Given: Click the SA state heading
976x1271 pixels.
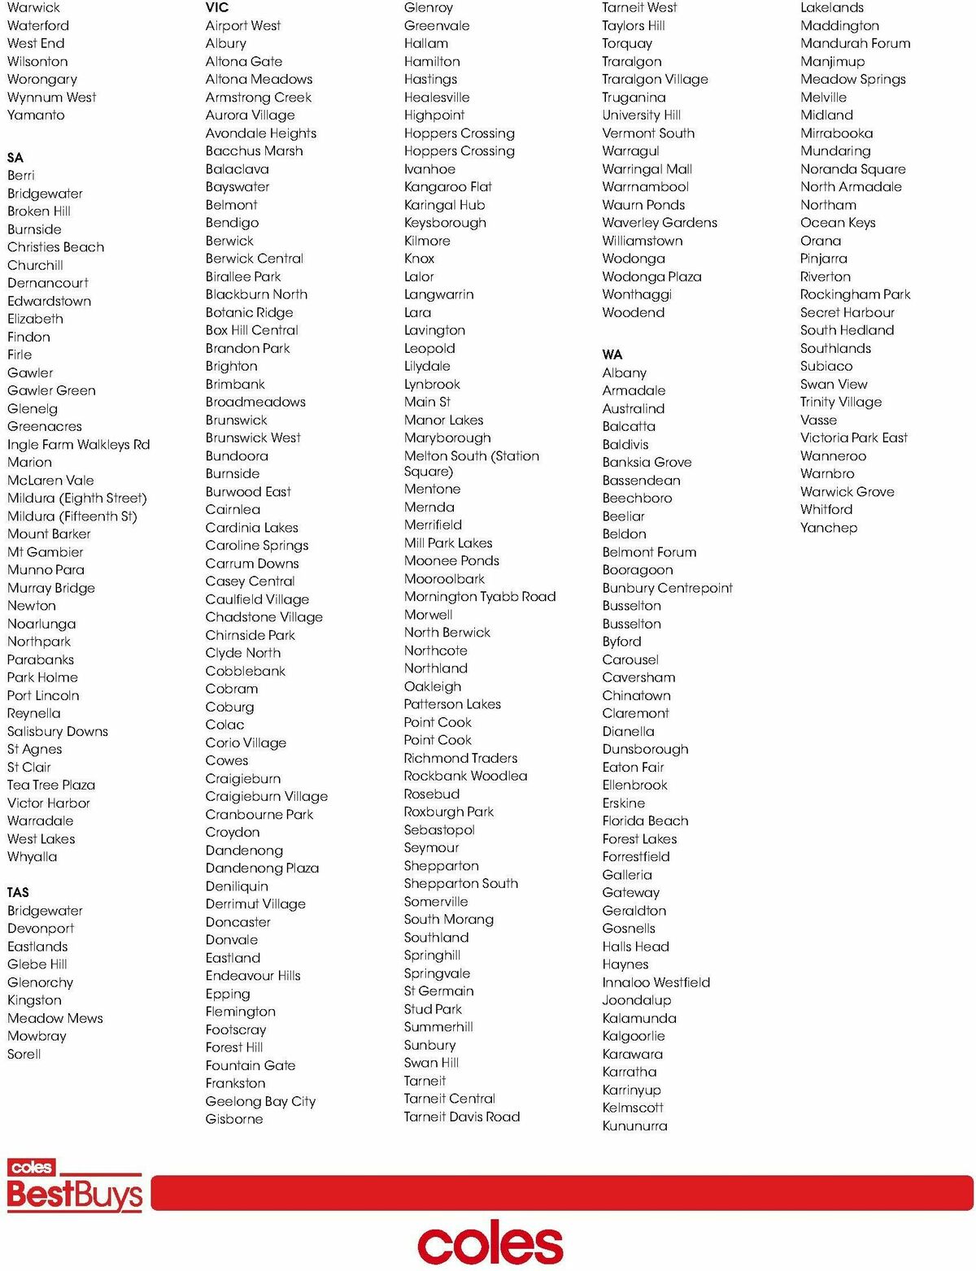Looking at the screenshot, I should (15, 157).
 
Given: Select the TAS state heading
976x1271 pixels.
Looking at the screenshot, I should (18, 892).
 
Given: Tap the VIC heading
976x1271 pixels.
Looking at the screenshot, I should (217, 7).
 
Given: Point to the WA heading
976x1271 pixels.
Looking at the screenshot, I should (612, 355).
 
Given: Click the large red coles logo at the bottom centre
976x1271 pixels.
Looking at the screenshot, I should (490, 1244).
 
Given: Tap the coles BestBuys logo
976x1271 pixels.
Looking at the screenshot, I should (74, 1186).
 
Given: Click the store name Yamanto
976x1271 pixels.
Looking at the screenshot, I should (36, 115).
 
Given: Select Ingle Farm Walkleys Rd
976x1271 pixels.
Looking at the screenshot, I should (78, 444).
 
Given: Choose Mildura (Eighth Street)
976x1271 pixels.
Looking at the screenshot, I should (76, 498).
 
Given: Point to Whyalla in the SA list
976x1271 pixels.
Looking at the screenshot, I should (32, 856).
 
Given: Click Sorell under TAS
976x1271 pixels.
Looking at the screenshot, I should (24, 1054).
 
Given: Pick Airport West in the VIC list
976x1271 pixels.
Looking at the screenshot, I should (242, 25).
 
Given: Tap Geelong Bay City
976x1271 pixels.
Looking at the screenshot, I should (260, 1101).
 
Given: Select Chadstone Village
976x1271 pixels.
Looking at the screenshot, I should (264, 617).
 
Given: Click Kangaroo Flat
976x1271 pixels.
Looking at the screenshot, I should (447, 186).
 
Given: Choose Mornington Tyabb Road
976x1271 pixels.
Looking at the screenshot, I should (480, 596).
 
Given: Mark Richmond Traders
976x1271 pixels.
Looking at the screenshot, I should (460, 758).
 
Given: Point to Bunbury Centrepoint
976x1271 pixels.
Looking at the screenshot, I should (667, 588).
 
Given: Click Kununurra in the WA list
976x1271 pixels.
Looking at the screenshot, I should (634, 1125).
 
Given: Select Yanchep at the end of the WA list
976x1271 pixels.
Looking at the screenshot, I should (828, 527).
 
